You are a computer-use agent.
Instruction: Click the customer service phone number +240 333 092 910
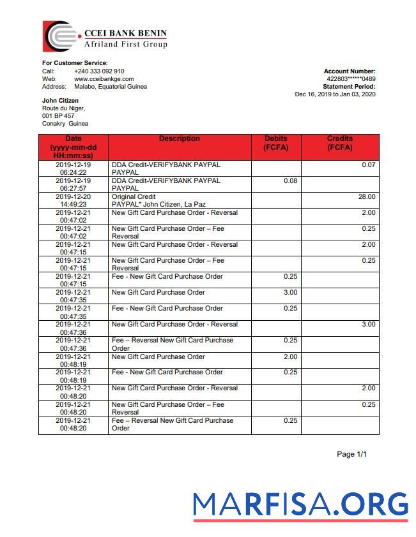click(99, 71)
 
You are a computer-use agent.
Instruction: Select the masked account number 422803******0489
click(351, 79)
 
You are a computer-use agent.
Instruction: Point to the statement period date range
click(335, 94)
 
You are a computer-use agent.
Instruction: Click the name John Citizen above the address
click(61, 101)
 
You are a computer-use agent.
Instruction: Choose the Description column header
click(180, 139)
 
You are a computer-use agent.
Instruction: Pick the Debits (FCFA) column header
click(275, 143)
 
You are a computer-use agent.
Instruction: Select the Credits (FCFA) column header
click(339, 143)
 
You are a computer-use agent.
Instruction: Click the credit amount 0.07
click(369, 165)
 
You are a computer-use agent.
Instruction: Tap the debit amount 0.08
click(290, 181)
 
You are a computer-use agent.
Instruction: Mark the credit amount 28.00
click(367, 197)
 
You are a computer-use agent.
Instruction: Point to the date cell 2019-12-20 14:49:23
click(73, 201)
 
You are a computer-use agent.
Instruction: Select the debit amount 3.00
click(290, 293)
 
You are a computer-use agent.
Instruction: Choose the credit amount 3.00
click(369, 325)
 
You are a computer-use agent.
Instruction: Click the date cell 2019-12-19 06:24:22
click(73, 168)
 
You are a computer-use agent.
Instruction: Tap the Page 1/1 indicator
click(351, 455)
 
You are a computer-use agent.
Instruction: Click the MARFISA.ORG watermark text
click(300, 505)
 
